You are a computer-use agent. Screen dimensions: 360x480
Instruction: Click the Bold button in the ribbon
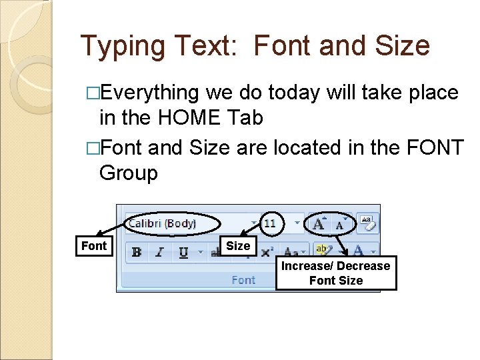[137, 252]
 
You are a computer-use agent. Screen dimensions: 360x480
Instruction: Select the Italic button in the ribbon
[159, 252]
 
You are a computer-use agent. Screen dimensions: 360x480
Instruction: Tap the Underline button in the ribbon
[182, 252]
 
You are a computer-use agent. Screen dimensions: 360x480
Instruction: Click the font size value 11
[270, 223]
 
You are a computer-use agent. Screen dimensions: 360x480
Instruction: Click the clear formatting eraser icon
[367, 223]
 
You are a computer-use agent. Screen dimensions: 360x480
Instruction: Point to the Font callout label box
[93, 246]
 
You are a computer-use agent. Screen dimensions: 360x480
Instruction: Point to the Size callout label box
[238, 246]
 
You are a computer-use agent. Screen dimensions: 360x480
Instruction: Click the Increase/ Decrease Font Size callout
[336, 273]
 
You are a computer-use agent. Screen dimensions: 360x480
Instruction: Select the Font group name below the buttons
[243, 280]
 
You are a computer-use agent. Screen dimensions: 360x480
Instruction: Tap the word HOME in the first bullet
[189, 117]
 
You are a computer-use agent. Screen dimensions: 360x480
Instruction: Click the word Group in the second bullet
[129, 173]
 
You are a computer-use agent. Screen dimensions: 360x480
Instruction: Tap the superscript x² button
[267, 252]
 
